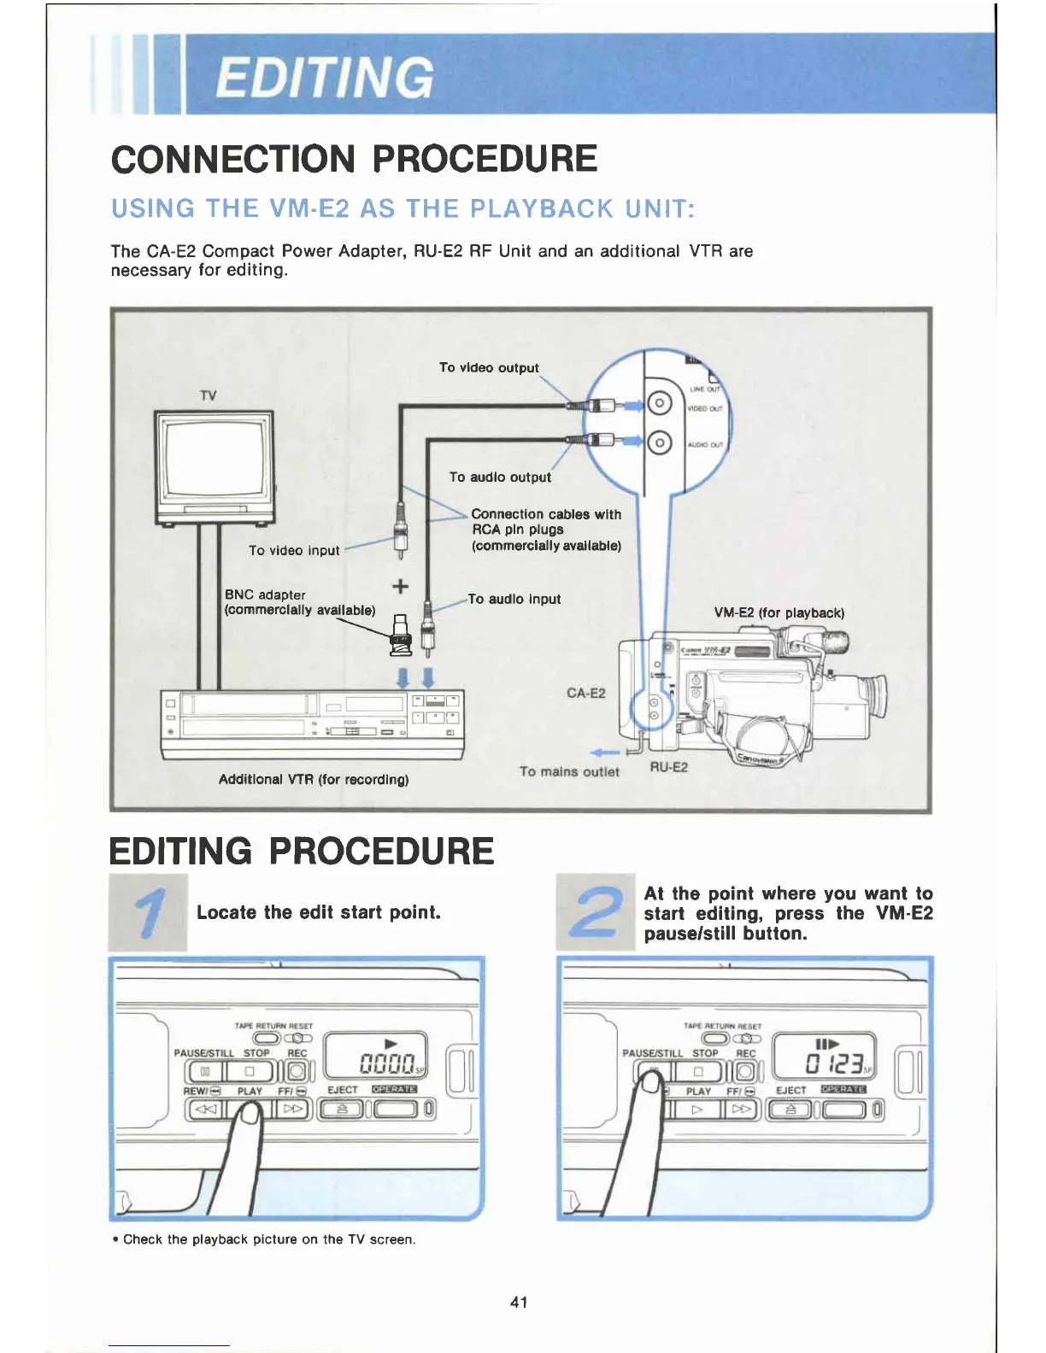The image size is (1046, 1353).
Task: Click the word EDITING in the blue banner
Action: (324, 77)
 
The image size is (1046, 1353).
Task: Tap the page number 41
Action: (519, 1302)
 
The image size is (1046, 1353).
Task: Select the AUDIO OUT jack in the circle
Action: (659, 442)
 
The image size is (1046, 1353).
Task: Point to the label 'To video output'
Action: (489, 368)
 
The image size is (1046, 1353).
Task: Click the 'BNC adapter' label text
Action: (265, 594)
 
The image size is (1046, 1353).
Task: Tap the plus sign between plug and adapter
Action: (400, 586)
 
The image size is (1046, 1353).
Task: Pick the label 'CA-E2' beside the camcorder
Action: (585, 693)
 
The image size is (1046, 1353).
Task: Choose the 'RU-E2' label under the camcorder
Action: (668, 767)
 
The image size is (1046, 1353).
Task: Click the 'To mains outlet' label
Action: (569, 772)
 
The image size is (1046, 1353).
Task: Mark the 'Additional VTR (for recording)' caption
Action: (314, 779)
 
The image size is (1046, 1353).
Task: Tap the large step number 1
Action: (150, 912)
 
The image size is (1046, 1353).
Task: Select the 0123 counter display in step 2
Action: (826, 1064)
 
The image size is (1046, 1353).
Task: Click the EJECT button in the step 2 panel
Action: (790, 1110)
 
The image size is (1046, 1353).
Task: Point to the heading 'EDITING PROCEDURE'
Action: (302, 852)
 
